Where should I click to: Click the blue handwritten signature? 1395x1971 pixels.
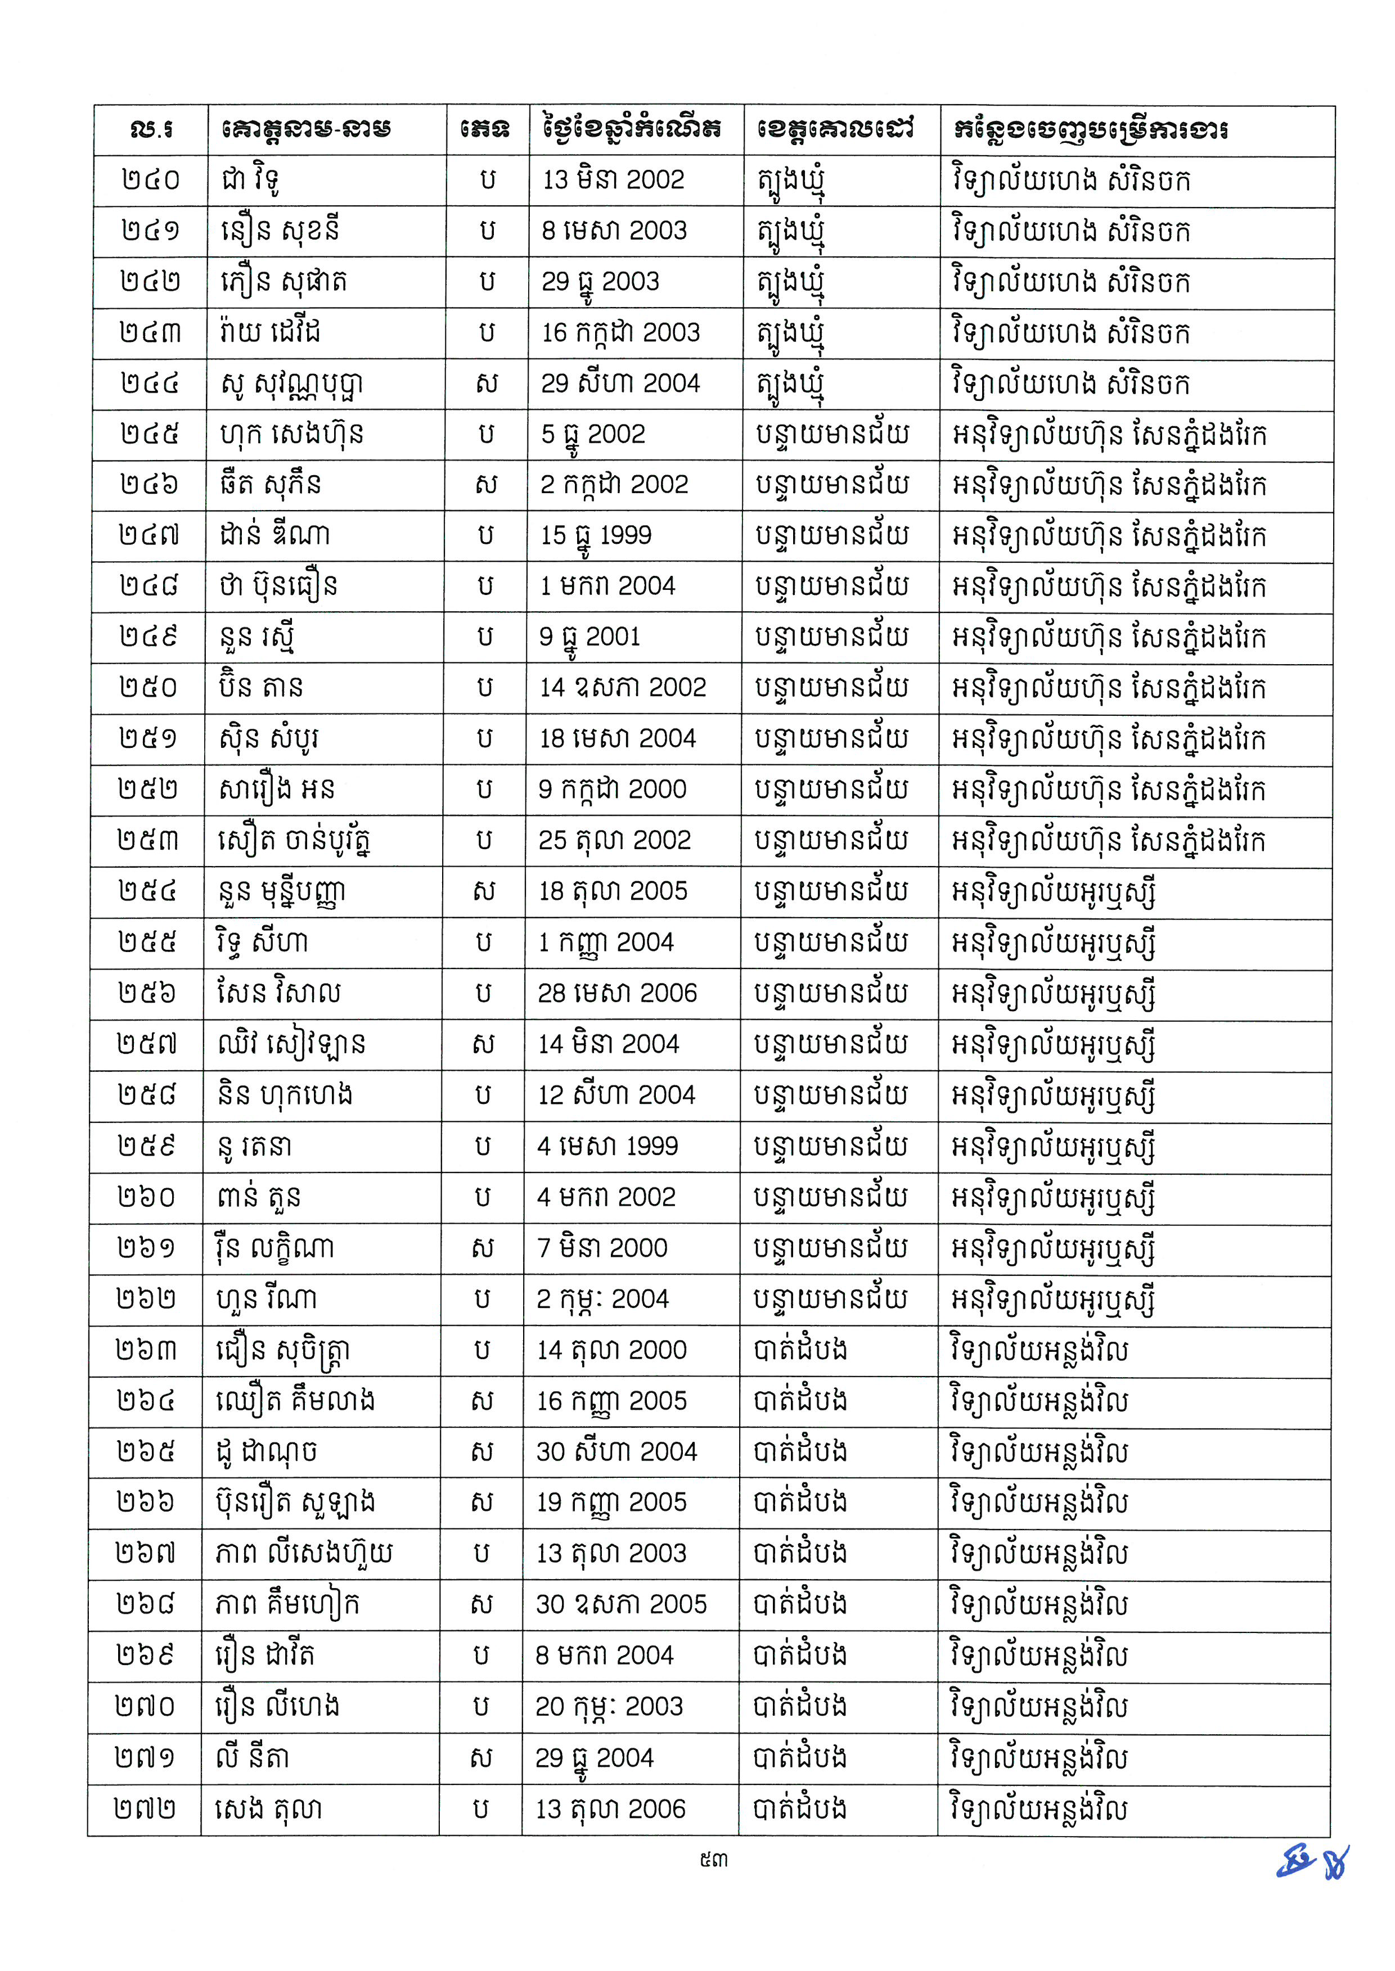tap(1312, 1862)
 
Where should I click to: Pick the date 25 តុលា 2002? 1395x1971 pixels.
tap(614, 840)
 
